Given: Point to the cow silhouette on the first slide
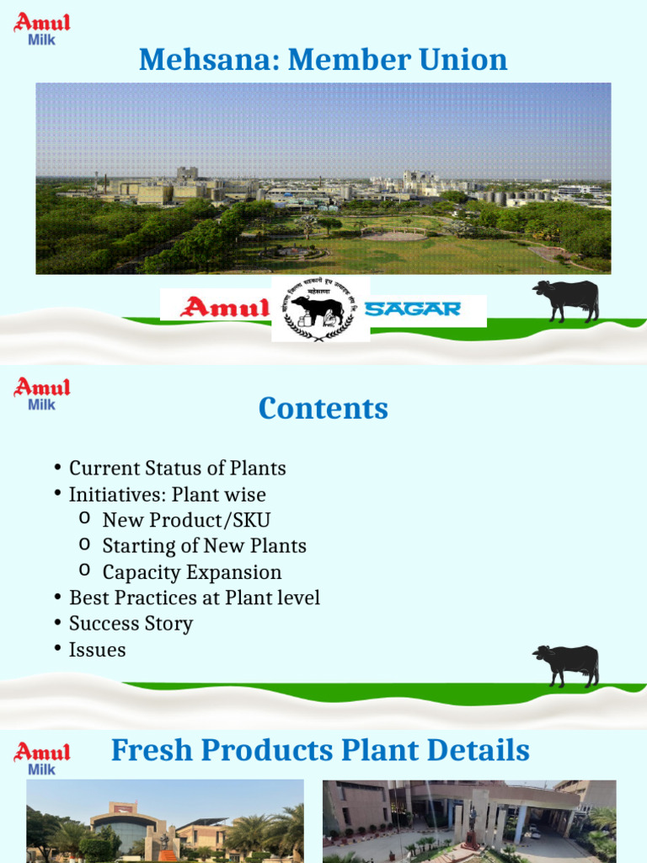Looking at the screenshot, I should pyautogui.click(x=566, y=301).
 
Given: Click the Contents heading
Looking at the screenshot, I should pyautogui.click(x=323, y=408).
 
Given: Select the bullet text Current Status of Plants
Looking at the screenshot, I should pyautogui.click(x=177, y=469).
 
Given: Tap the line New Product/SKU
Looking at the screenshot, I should pyautogui.click(x=186, y=521).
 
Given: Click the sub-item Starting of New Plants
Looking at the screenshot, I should pyautogui.click(x=204, y=546).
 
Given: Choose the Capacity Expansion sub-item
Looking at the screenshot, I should pyautogui.click(x=192, y=572).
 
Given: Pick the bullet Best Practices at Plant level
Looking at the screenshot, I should pyautogui.click(x=194, y=598).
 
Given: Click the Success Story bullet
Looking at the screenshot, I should pyautogui.click(x=131, y=624).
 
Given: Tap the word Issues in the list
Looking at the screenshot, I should pyautogui.click(x=97, y=651).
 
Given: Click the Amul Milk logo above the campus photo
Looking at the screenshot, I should pyautogui.click(x=41, y=29).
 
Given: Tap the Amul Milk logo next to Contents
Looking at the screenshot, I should pyautogui.click(x=41, y=394).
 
